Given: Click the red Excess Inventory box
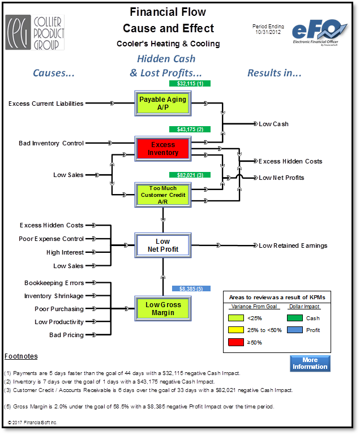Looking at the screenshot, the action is (x=163, y=149).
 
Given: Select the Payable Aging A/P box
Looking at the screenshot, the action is (x=163, y=103).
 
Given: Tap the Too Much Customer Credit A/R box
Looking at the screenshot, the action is (x=163, y=195).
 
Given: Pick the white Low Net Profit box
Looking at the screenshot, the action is (x=163, y=246).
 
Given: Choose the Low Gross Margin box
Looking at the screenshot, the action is (x=163, y=308).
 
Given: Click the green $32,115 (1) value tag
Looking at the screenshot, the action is (x=190, y=84).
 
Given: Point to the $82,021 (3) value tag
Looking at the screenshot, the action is (x=190, y=175).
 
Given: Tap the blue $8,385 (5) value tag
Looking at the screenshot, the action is (x=191, y=289).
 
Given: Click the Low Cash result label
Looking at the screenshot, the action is (x=273, y=124).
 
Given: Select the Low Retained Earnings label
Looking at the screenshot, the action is (x=293, y=246).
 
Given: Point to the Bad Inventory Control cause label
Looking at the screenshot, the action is (x=51, y=143).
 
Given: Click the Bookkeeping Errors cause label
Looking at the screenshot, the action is (x=54, y=283).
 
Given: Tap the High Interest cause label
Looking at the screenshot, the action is (x=65, y=252).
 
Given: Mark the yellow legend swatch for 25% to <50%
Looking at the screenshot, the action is (x=236, y=330).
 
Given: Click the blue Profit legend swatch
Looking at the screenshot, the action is (x=295, y=330).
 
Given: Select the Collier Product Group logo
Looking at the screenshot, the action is (x=35, y=32).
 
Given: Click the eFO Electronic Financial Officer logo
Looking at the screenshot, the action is (x=319, y=32).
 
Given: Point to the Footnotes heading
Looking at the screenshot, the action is (x=21, y=356).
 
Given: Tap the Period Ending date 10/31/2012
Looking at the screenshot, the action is (x=268, y=32).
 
